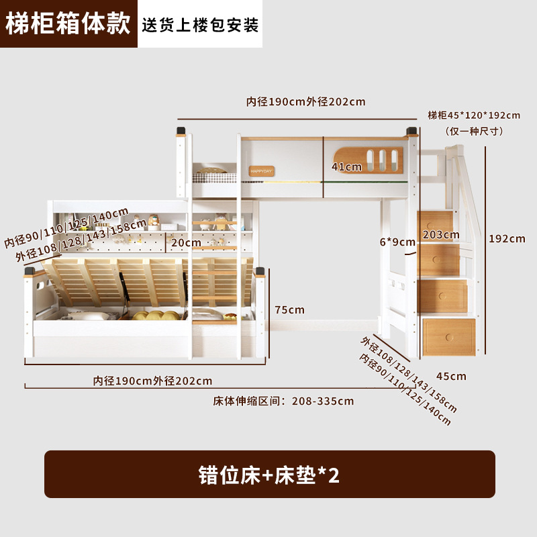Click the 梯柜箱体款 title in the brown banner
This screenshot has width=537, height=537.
[68, 23]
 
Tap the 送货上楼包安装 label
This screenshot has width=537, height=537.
[200, 25]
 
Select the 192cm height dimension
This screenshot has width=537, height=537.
[507, 238]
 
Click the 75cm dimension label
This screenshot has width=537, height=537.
[289, 309]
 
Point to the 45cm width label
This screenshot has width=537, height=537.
[450, 376]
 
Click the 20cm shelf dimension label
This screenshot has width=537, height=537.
[186, 242]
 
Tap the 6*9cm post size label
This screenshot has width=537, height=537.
[397, 242]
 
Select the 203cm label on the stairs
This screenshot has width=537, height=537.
[441, 234]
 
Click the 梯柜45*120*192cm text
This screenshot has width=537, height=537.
[474, 115]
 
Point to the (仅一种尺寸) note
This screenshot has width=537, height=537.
[474, 131]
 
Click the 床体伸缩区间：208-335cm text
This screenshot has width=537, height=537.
[283, 401]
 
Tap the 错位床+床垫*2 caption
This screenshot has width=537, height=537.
[269, 475]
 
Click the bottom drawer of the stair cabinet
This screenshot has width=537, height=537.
[448, 338]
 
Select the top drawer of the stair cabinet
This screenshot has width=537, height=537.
[440, 221]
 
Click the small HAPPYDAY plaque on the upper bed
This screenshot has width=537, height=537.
[261, 170]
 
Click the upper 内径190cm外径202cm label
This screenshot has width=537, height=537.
[305, 102]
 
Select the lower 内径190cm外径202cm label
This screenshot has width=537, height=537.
[152, 381]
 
